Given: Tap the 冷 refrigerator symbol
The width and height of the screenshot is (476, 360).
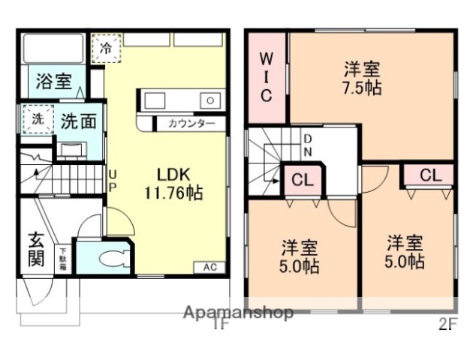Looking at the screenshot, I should pos(106,49).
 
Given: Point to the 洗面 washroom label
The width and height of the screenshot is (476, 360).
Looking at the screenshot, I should pos(78,121).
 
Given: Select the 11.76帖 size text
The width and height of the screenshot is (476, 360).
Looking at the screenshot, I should pos(173,192).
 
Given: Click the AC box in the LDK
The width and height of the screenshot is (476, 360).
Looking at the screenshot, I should pos(209,267).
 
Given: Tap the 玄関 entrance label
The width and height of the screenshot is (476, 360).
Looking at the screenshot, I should pos(37,250).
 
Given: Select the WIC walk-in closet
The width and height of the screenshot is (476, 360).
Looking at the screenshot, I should pos(267,77).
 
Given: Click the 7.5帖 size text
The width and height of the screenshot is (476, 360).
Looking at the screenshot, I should pos(361,88).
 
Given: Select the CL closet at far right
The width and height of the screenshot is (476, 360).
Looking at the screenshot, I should pos(429,175).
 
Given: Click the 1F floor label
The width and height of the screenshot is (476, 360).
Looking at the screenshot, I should pos(219,325).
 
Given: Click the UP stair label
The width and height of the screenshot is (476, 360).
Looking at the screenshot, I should pos(113,179).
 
